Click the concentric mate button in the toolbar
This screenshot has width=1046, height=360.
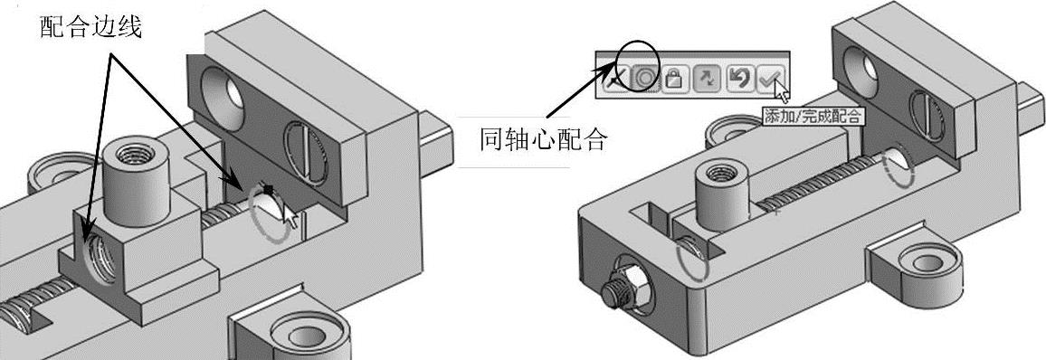(x=644, y=79)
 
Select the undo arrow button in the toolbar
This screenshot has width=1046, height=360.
(x=737, y=78)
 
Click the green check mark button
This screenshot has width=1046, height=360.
(x=771, y=78)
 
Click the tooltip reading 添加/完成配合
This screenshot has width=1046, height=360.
(x=813, y=116)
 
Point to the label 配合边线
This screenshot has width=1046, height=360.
(x=90, y=26)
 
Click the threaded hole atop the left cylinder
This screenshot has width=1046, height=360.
(x=135, y=155)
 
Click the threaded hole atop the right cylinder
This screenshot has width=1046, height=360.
(x=719, y=174)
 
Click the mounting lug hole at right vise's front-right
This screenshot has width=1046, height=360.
(x=928, y=261)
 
